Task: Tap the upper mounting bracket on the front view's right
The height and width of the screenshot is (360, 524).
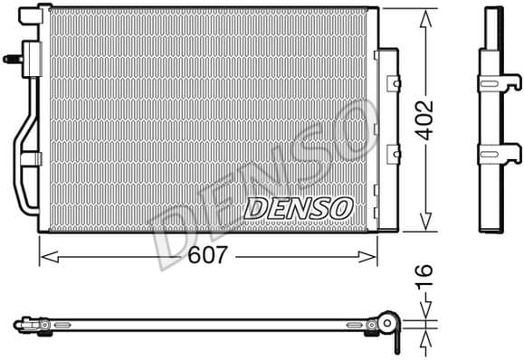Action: pos(392,83)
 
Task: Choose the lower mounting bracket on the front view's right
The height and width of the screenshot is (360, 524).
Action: pos(392,155)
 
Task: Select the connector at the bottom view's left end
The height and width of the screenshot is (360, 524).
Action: pos(23,323)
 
